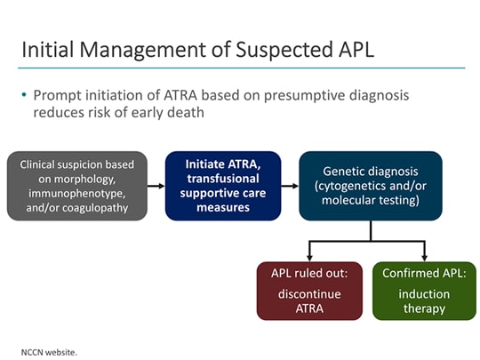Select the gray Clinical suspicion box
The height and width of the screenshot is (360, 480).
[76, 186]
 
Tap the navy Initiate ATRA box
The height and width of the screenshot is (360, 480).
[223, 186]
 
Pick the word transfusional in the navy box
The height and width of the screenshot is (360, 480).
[223, 180]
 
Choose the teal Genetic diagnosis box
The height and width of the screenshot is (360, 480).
[371, 186]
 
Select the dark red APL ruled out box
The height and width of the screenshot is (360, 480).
[309, 290]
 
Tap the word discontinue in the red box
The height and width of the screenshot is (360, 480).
[309, 293]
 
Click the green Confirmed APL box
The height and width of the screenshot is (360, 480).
[424, 290]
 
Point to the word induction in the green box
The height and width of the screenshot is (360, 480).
[424, 293]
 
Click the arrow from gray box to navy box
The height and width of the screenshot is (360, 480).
[156, 186]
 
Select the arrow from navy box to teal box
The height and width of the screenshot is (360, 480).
[290, 186]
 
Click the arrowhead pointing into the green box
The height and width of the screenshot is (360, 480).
[424, 255]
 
